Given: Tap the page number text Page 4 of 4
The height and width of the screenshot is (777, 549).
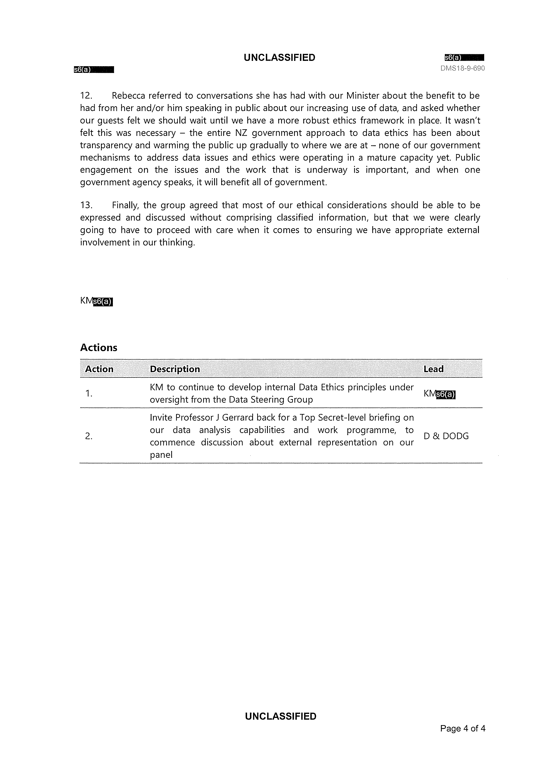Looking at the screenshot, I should point(463,728).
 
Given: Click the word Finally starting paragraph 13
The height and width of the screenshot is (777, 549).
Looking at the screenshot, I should point(125,205).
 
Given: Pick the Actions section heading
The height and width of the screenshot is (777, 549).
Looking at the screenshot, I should point(98,348).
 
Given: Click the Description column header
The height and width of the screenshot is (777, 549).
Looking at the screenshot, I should point(175,369).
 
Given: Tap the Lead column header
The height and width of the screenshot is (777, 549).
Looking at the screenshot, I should point(433,369).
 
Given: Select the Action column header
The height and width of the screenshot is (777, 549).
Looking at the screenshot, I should point(99,369).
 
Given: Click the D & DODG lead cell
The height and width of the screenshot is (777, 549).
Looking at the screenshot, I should point(446,436).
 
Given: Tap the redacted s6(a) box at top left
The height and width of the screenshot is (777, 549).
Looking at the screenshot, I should point(94,70).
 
